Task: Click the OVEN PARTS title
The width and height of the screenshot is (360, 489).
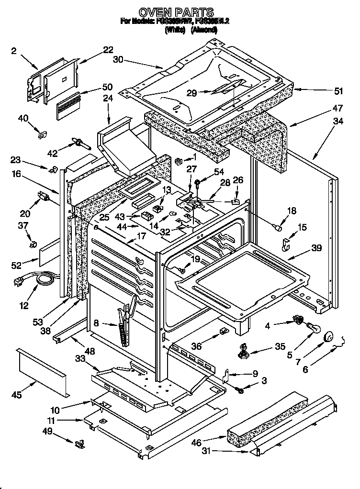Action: click(176, 11)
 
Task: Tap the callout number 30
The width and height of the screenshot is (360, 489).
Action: click(118, 60)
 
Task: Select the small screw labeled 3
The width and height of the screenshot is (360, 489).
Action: click(241, 391)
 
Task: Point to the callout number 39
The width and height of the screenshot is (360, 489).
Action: click(315, 248)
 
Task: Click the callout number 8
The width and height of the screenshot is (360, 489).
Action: click(97, 323)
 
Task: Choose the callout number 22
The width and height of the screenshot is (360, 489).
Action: click(108, 49)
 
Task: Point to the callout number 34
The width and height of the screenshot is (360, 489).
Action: click(338, 121)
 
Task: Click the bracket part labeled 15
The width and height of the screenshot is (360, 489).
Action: click(286, 244)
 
